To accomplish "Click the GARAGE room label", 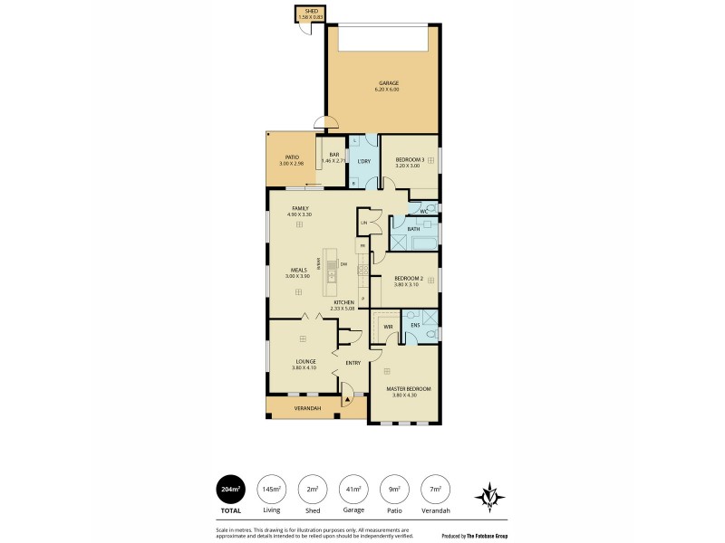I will click(x=387, y=83).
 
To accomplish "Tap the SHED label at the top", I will click(x=310, y=11).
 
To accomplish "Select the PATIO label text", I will click(x=292, y=158).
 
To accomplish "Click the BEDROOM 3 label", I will click(x=410, y=160).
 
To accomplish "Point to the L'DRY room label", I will click(x=363, y=162).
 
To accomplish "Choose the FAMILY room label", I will click(x=300, y=208).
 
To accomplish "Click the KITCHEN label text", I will click(x=343, y=303).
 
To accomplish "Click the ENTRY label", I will click(x=353, y=363).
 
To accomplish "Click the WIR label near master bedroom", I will click(x=387, y=327).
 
